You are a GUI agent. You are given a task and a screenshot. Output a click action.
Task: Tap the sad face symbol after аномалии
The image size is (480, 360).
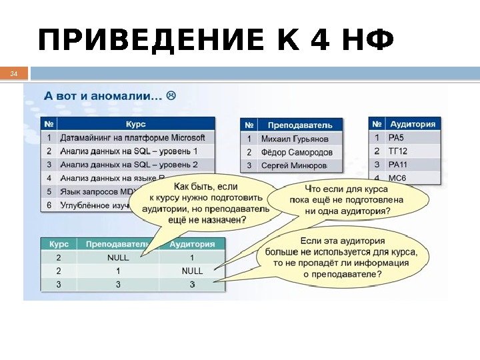click(172, 96)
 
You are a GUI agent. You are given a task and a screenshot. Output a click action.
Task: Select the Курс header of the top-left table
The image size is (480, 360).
click(135, 124)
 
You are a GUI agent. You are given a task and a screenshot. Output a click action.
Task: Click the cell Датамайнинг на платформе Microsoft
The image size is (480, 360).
click(133, 138)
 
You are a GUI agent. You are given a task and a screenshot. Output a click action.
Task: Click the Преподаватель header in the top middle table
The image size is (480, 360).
click(299, 125)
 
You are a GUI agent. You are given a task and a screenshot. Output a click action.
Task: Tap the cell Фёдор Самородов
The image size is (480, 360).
click(297, 152)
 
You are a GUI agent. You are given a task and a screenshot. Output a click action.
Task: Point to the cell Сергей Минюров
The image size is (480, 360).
click(294, 165)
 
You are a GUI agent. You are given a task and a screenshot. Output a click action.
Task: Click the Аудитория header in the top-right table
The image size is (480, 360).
click(413, 124)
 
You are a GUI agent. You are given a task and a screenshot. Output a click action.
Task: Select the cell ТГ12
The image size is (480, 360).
click(399, 151)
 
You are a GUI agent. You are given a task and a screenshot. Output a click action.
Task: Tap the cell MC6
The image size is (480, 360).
click(398, 178)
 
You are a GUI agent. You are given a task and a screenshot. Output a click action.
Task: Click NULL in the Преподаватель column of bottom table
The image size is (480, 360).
click(118, 257)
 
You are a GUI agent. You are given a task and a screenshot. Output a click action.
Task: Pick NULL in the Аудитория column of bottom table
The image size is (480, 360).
click(192, 271)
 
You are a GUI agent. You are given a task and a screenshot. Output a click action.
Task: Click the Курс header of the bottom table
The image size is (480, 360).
click(59, 244)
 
